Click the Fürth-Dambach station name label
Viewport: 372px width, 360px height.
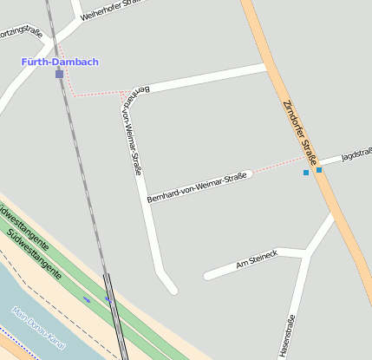coord(60,62)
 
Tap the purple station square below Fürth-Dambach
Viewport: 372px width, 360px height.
coord(59,75)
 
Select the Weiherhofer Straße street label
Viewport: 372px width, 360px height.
coord(112,6)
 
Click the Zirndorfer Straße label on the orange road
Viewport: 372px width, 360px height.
coord(300,133)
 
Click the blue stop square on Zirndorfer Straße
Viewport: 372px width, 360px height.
coord(319,170)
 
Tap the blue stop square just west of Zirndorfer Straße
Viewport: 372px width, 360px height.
coord(306,173)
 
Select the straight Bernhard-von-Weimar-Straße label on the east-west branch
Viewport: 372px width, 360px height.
coord(197,187)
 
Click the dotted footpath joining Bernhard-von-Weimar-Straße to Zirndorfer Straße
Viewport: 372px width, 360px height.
coord(277,167)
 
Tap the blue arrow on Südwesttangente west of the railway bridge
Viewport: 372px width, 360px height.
coord(87,299)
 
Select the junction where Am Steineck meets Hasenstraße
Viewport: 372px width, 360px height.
coord(306,252)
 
